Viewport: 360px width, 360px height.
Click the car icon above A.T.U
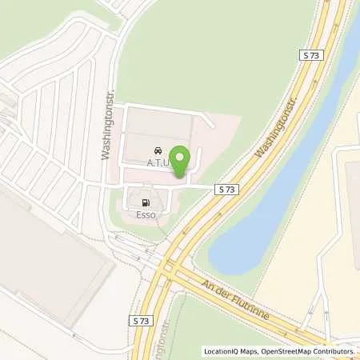pos(157,150)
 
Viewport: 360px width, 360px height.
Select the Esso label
pos(145,214)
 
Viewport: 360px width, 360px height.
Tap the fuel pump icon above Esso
pos(145,202)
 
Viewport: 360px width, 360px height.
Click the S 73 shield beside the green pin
pos(227,189)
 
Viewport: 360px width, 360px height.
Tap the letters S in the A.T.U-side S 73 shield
pos(222,189)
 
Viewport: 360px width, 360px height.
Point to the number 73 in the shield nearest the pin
pos(231,189)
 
